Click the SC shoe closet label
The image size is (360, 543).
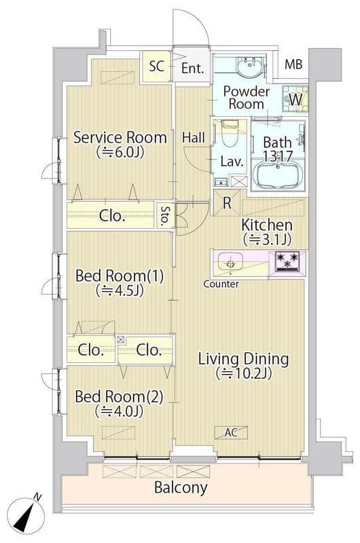pyautogui.click(x=157, y=66)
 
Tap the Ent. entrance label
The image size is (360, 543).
pyautogui.click(x=193, y=68)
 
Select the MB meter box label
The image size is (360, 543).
pyautogui.click(x=293, y=64)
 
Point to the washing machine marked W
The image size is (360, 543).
pyautogui.click(x=295, y=99)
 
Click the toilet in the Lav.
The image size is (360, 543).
pyautogui.click(x=229, y=134)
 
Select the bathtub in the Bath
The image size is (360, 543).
pyautogui.click(x=278, y=174)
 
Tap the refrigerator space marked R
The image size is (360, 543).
pyautogui.click(x=227, y=203)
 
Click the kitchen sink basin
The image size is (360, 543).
pyautogui.click(x=230, y=263)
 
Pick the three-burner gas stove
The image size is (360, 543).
pyautogui.click(x=287, y=261)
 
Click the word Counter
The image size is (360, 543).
pyautogui.click(x=221, y=284)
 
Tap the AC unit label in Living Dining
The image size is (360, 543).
pyautogui.click(x=231, y=432)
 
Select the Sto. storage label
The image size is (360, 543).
pyautogui.click(x=166, y=215)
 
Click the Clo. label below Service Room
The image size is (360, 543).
pyautogui.click(x=111, y=216)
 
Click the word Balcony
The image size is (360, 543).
pyautogui.click(x=181, y=487)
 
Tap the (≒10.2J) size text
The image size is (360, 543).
pyautogui.click(x=243, y=373)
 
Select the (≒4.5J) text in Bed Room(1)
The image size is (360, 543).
pyautogui.click(x=120, y=291)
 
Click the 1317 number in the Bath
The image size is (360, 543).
pyautogui.click(x=278, y=157)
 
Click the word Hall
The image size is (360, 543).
pyautogui.click(x=194, y=138)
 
